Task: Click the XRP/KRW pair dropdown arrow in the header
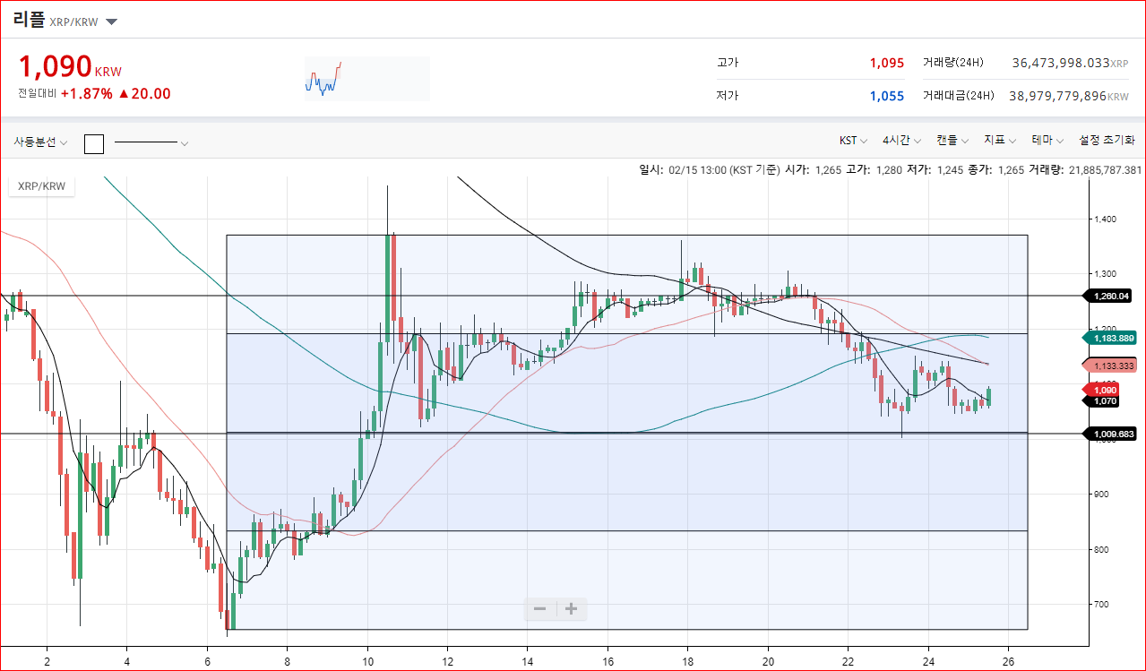pyautogui.click(x=111, y=22)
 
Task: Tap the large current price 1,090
pyautogui.click(x=56, y=66)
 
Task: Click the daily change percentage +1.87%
pyautogui.click(x=86, y=94)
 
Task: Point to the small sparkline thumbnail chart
pyautogui.click(x=323, y=78)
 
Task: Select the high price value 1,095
pyautogui.click(x=887, y=63)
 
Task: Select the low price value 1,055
pyautogui.click(x=887, y=96)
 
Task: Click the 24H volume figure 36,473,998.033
pyautogui.click(x=1061, y=63)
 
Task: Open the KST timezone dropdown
pyautogui.click(x=853, y=140)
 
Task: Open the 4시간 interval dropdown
pyautogui.click(x=901, y=140)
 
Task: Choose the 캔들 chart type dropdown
pyautogui.click(x=952, y=140)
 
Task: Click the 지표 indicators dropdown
pyautogui.click(x=1000, y=140)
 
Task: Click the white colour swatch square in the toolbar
pyautogui.click(x=94, y=143)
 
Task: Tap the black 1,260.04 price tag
pyautogui.click(x=1108, y=297)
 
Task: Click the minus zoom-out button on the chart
pyautogui.click(x=539, y=608)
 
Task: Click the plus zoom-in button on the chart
pyautogui.click(x=571, y=608)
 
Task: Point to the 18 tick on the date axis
pyautogui.click(x=687, y=661)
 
